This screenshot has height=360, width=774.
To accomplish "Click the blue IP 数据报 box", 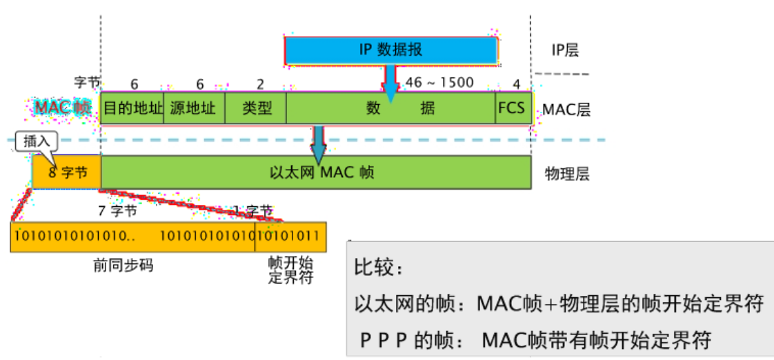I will click(390, 50).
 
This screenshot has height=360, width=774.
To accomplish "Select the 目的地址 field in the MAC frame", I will click(132, 108).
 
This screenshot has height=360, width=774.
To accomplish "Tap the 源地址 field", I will click(194, 108).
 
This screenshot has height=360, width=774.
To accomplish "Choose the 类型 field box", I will click(257, 108).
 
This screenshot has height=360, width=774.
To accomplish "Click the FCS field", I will click(511, 108).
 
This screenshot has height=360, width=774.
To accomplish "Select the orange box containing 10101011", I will click(290, 236).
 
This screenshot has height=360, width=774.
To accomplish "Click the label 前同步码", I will click(123, 266).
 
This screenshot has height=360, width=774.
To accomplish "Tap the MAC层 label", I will click(566, 109).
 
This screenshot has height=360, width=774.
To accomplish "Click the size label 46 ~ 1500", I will click(439, 83).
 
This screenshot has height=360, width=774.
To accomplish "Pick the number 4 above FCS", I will click(516, 84).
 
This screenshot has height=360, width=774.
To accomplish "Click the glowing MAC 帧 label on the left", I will click(63, 108).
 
